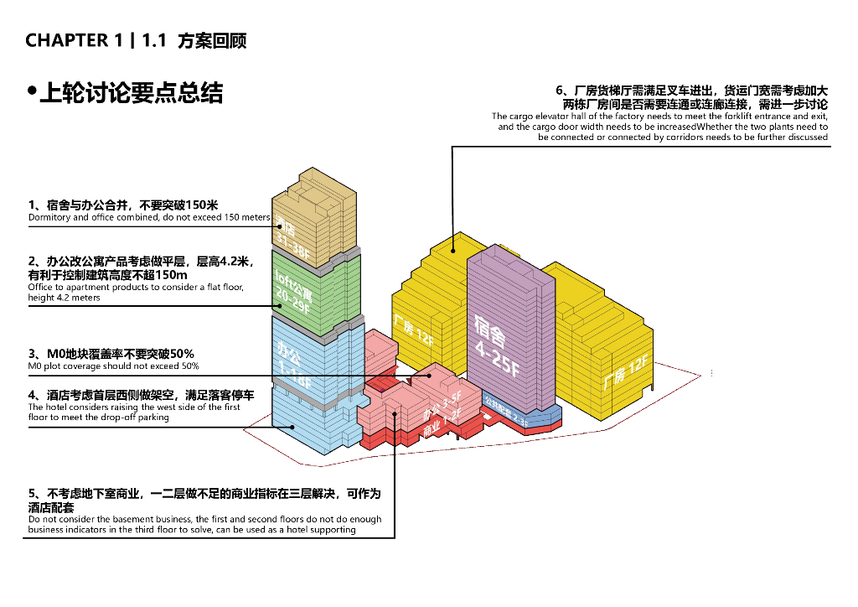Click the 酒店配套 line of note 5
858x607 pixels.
pos(51,507)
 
